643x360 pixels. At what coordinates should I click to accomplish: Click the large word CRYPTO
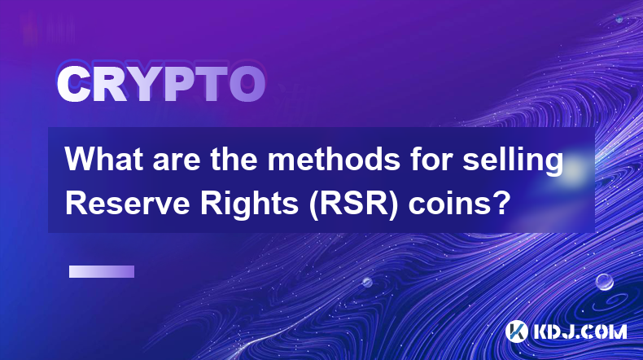click(x=161, y=84)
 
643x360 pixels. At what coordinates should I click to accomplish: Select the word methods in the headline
click(x=334, y=159)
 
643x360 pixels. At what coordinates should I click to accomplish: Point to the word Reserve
click(x=128, y=203)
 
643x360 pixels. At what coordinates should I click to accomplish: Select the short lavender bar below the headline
click(x=102, y=271)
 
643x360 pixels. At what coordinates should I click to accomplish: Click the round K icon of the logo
click(x=517, y=331)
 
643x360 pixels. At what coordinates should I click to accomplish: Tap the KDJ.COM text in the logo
click(x=580, y=331)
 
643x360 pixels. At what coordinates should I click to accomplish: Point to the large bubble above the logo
click(x=605, y=282)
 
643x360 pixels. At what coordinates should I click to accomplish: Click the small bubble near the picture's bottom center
click(x=367, y=282)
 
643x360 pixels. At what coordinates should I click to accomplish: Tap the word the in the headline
click(x=234, y=159)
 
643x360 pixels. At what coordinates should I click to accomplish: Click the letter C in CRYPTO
click(x=73, y=84)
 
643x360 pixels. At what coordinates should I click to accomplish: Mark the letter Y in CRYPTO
click(x=142, y=84)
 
